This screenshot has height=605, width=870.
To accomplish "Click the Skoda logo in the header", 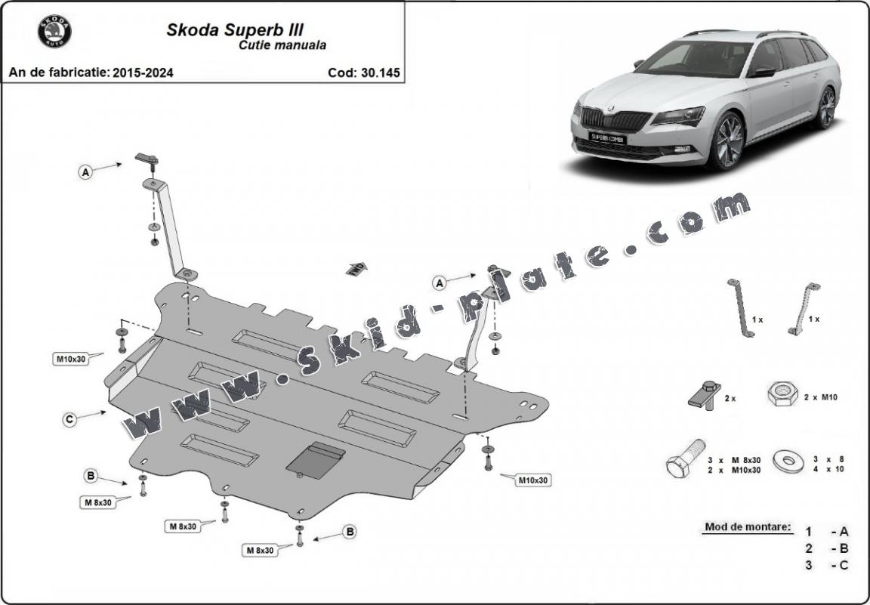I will coord(54,32).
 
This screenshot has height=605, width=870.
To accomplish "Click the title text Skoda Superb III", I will coord(235,30).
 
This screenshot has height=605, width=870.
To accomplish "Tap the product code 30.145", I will coord(363,73).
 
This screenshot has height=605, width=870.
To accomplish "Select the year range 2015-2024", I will coord(143,73).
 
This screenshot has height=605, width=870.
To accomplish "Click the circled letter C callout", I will coord(69,419).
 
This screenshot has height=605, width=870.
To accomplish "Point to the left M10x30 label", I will coord(70,359).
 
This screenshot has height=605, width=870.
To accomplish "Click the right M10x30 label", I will coord(533,480).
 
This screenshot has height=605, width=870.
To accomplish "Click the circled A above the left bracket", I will coord(85,173).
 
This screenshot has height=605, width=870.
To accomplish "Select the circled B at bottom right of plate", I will coord(350,532).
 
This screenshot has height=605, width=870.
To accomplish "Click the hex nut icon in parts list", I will coord(782,394).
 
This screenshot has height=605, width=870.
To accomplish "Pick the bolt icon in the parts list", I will coord(685,458).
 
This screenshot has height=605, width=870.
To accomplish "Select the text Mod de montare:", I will coord(748,526).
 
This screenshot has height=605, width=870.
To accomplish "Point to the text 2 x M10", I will coord(820,397).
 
